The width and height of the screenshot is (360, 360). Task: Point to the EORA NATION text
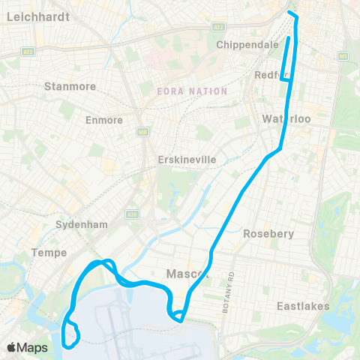pyautogui.click(x=191, y=91)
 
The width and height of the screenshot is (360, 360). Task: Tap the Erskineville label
pyautogui.click(x=187, y=160)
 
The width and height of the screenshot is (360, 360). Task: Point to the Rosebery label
pyautogui.click(x=268, y=233)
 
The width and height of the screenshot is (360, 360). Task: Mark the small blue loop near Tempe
pyautogui.click(x=71, y=335)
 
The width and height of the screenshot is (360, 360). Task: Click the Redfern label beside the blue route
pyautogui.click(x=268, y=75)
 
